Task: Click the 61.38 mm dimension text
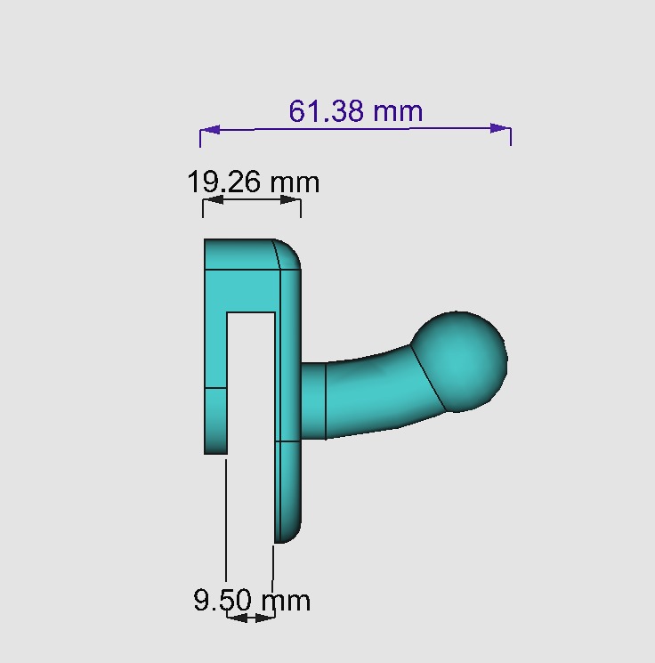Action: (355, 111)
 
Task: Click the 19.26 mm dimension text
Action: (253, 182)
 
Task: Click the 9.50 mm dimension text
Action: (252, 600)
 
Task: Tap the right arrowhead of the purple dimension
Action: (501, 128)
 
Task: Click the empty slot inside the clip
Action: (251, 383)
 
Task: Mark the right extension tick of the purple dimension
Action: (510, 135)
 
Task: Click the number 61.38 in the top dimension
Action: (327, 111)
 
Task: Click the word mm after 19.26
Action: (294, 182)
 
